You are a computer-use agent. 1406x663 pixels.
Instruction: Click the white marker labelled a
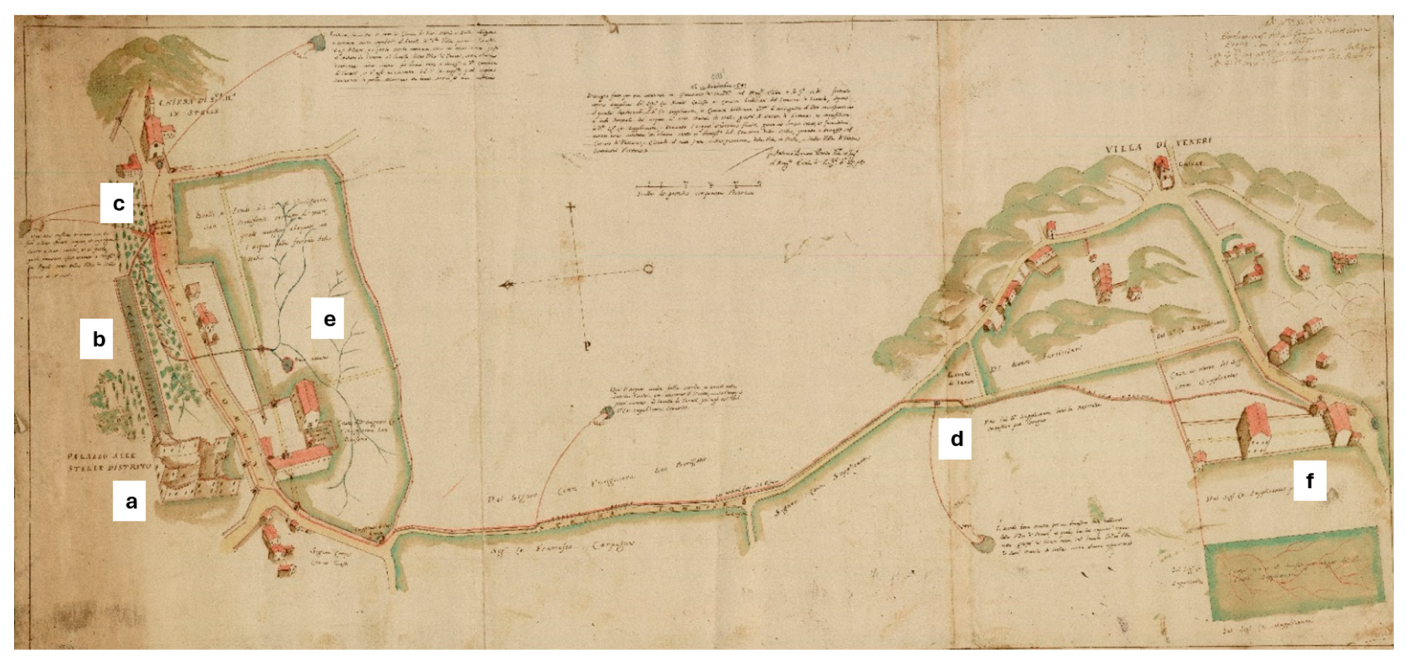(x=129, y=500)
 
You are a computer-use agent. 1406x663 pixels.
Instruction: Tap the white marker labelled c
(x=117, y=203)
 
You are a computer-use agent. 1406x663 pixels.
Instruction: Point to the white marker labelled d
(x=955, y=438)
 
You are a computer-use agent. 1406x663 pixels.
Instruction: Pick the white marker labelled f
(x=1309, y=480)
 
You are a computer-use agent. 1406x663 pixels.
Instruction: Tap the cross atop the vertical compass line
(x=571, y=207)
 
